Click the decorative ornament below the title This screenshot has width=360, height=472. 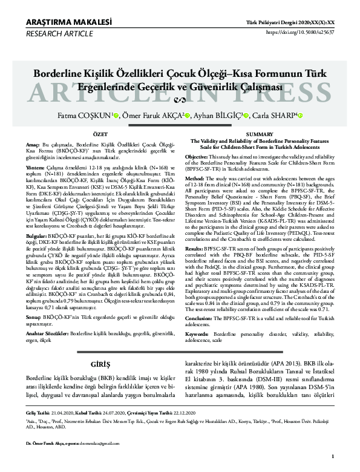pos(180,100)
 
